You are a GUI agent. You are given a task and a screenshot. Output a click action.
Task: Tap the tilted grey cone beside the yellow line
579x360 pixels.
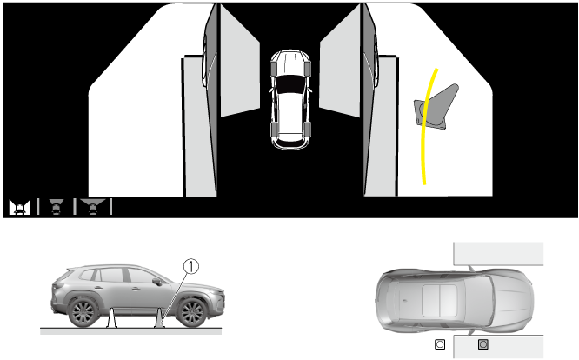coord(436,107)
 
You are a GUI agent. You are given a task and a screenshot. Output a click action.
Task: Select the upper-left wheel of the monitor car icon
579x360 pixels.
coord(274,69)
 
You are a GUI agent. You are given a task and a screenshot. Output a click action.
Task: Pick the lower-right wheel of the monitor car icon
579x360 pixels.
coord(308,129)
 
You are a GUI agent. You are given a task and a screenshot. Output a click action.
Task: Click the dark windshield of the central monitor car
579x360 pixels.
coord(290,84)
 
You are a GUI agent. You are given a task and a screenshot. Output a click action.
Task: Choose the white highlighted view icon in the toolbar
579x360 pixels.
coord(20,207)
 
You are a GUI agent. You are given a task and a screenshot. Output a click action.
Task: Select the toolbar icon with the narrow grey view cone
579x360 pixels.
coord(57,207)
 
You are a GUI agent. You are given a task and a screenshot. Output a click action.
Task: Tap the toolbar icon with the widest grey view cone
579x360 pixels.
coord(93,207)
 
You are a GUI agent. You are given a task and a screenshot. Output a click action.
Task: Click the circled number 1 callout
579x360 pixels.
coord(191,267)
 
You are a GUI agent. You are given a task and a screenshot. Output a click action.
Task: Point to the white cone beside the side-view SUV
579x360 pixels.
coord(111,318)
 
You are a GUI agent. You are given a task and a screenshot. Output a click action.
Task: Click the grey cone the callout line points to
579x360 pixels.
coord(159,318)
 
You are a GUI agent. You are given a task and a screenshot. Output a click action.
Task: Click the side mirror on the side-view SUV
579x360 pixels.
coord(157,282)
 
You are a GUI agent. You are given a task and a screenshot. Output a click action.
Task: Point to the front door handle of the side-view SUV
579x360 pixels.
coord(130,288)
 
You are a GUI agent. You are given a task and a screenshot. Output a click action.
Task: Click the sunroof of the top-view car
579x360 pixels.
coord(440,301)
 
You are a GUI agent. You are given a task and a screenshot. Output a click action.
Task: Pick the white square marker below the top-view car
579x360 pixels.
coord(440,344)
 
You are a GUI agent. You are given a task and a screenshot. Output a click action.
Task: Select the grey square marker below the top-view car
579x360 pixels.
coord(483,344)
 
